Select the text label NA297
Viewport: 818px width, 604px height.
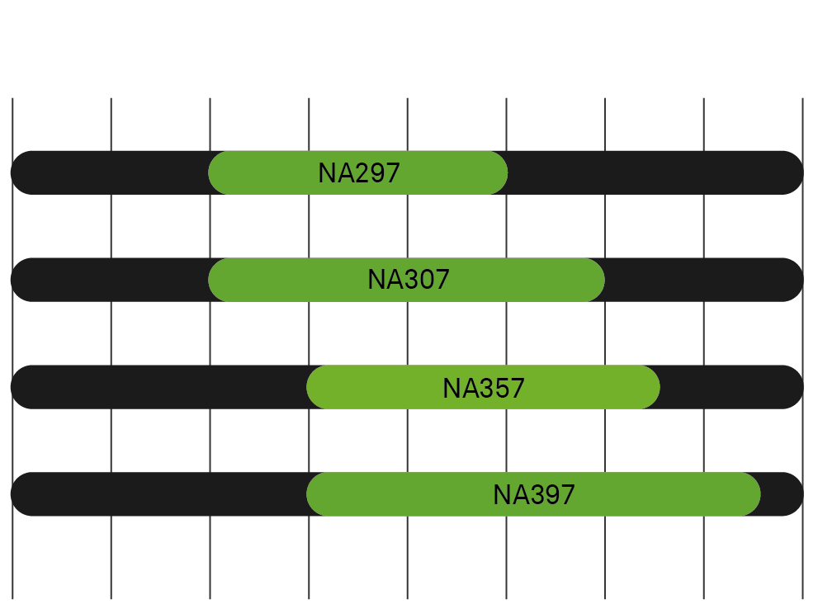click(359, 172)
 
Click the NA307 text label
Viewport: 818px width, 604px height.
click(409, 280)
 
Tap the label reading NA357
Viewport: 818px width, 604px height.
click(484, 387)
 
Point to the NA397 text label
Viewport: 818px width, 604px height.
click(534, 494)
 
